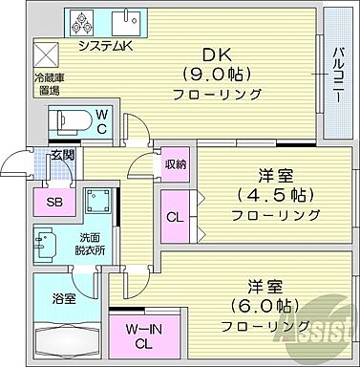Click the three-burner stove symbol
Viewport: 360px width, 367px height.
[82, 21]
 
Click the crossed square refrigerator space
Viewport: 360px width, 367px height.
[46, 53]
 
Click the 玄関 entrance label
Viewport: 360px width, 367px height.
[63, 155]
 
